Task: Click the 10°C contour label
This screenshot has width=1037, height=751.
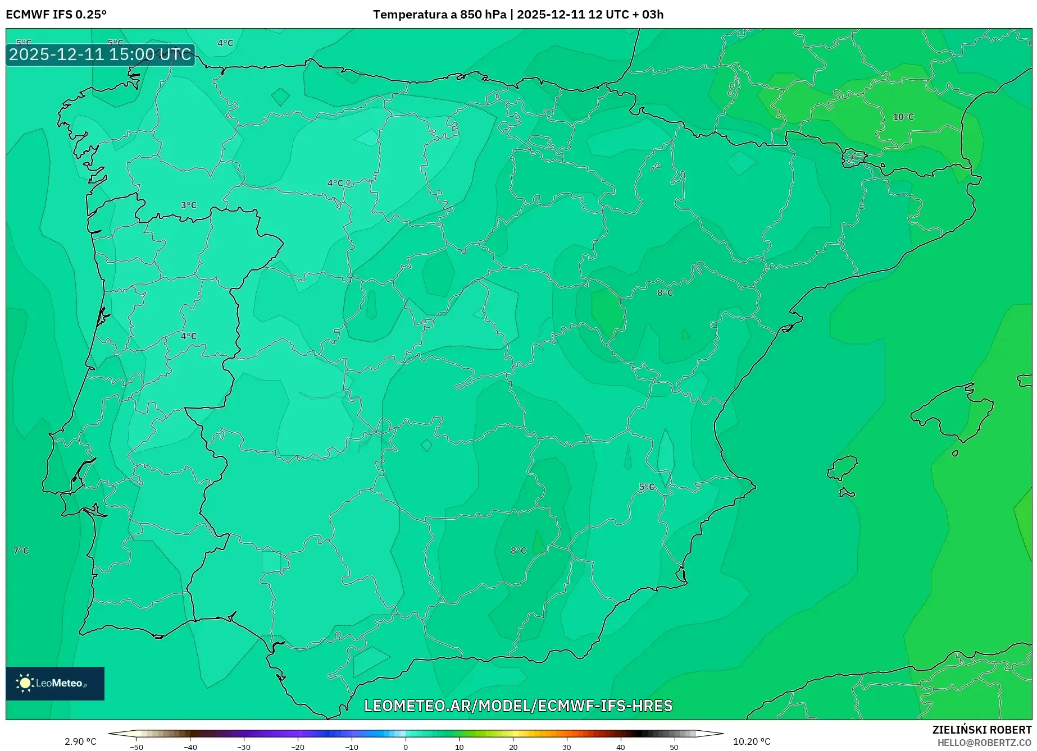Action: click(x=903, y=117)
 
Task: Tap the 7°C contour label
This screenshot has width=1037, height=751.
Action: click(x=21, y=551)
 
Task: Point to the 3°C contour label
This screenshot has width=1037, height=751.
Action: click(x=189, y=205)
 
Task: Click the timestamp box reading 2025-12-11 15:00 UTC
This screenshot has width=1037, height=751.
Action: click(x=100, y=54)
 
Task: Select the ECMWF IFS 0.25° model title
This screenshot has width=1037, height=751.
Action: click(x=56, y=15)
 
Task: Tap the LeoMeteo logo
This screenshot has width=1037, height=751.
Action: click(x=55, y=683)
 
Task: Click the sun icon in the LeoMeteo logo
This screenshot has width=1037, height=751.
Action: click(x=25, y=683)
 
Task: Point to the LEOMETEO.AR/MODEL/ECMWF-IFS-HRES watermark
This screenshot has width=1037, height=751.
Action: click(x=518, y=706)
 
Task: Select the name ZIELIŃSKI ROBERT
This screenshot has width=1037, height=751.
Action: click(x=982, y=730)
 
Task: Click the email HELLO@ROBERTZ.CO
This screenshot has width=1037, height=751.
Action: click(x=984, y=743)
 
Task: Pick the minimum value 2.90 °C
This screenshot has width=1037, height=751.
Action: click(x=80, y=741)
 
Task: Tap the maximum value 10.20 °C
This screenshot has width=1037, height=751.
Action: click(x=752, y=741)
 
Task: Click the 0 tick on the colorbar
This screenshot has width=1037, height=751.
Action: click(x=406, y=747)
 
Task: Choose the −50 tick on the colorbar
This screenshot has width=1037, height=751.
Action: click(x=137, y=747)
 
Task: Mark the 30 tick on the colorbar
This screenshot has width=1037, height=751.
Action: click(x=567, y=747)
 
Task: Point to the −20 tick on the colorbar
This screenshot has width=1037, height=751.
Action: click(x=298, y=747)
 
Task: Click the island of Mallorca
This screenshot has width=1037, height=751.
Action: click(x=953, y=413)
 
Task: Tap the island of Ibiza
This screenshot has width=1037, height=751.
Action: click(x=843, y=468)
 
